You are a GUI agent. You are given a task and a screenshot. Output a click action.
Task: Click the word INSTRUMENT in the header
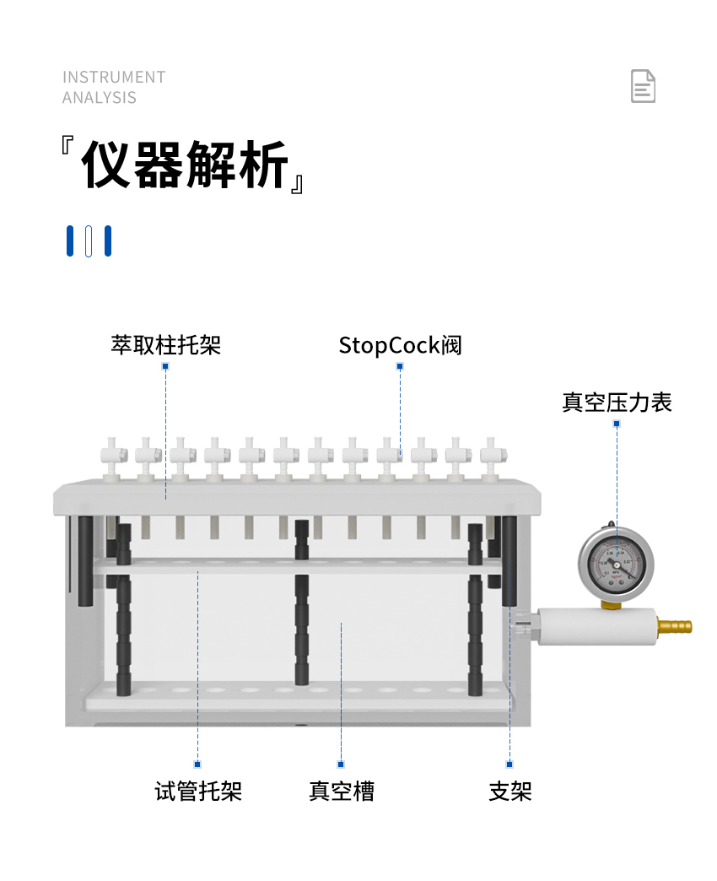pyautogui.click(x=114, y=77)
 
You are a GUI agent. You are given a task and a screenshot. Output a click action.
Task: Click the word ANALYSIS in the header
pyautogui.click(x=100, y=98)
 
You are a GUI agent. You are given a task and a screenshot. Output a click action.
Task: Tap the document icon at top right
pyautogui.click(x=643, y=86)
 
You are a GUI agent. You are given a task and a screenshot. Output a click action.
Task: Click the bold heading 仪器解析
pyautogui.click(x=185, y=165)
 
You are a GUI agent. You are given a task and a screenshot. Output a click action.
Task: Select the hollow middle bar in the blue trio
pyautogui.click(x=89, y=241)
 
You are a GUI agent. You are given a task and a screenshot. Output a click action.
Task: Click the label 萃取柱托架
pyautogui.click(x=165, y=345)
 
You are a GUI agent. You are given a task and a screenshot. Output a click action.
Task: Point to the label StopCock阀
pyautogui.click(x=400, y=345)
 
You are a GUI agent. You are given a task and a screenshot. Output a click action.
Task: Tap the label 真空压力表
pyautogui.click(x=617, y=403)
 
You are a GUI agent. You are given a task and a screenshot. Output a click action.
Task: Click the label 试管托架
pyautogui.click(x=198, y=791)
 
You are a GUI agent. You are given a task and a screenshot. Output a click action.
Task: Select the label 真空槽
pyautogui.click(x=342, y=791)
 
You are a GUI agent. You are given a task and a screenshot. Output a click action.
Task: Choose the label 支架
pyautogui.click(x=509, y=791)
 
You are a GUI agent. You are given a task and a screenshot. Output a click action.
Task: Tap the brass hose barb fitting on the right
pyautogui.click(x=674, y=625)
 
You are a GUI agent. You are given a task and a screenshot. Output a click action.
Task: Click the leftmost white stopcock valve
pyautogui.click(x=112, y=458)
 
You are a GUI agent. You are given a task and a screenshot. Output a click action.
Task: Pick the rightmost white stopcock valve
pyautogui.click(x=493, y=458)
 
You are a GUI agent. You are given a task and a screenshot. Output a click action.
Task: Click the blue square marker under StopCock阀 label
pyautogui.click(x=400, y=366)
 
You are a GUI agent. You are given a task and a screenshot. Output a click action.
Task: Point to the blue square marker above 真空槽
pyautogui.click(x=341, y=765)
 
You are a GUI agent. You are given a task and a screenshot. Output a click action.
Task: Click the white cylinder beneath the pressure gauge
pyautogui.click(x=597, y=626)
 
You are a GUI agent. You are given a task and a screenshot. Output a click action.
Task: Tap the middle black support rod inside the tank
pyautogui.click(x=301, y=603)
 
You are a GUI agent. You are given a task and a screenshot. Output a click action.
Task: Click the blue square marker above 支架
pyautogui.click(x=509, y=765)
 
